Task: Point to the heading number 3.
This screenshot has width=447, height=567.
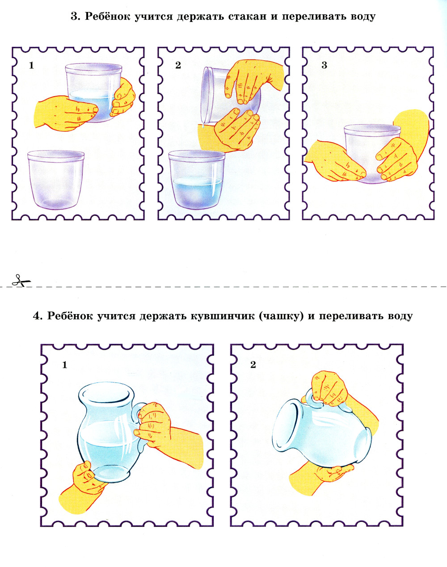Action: coord(75,17)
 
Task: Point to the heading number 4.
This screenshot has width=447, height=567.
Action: coord(38,316)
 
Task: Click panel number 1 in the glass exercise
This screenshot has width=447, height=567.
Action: coord(32,65)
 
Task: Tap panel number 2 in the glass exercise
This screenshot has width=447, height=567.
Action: coord(178,65)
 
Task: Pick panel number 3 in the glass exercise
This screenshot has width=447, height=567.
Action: coord(324,65)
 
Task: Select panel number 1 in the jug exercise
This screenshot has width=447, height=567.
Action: coord(64,365)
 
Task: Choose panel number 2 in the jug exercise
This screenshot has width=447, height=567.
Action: coord(253,365)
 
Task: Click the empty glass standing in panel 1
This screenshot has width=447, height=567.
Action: coord(56,180)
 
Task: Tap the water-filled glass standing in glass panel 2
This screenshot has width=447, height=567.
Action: coord(197,180)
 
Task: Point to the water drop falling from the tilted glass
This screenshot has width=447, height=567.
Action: coord(203,126)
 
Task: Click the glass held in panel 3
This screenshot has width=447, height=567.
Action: coord(372,154)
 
